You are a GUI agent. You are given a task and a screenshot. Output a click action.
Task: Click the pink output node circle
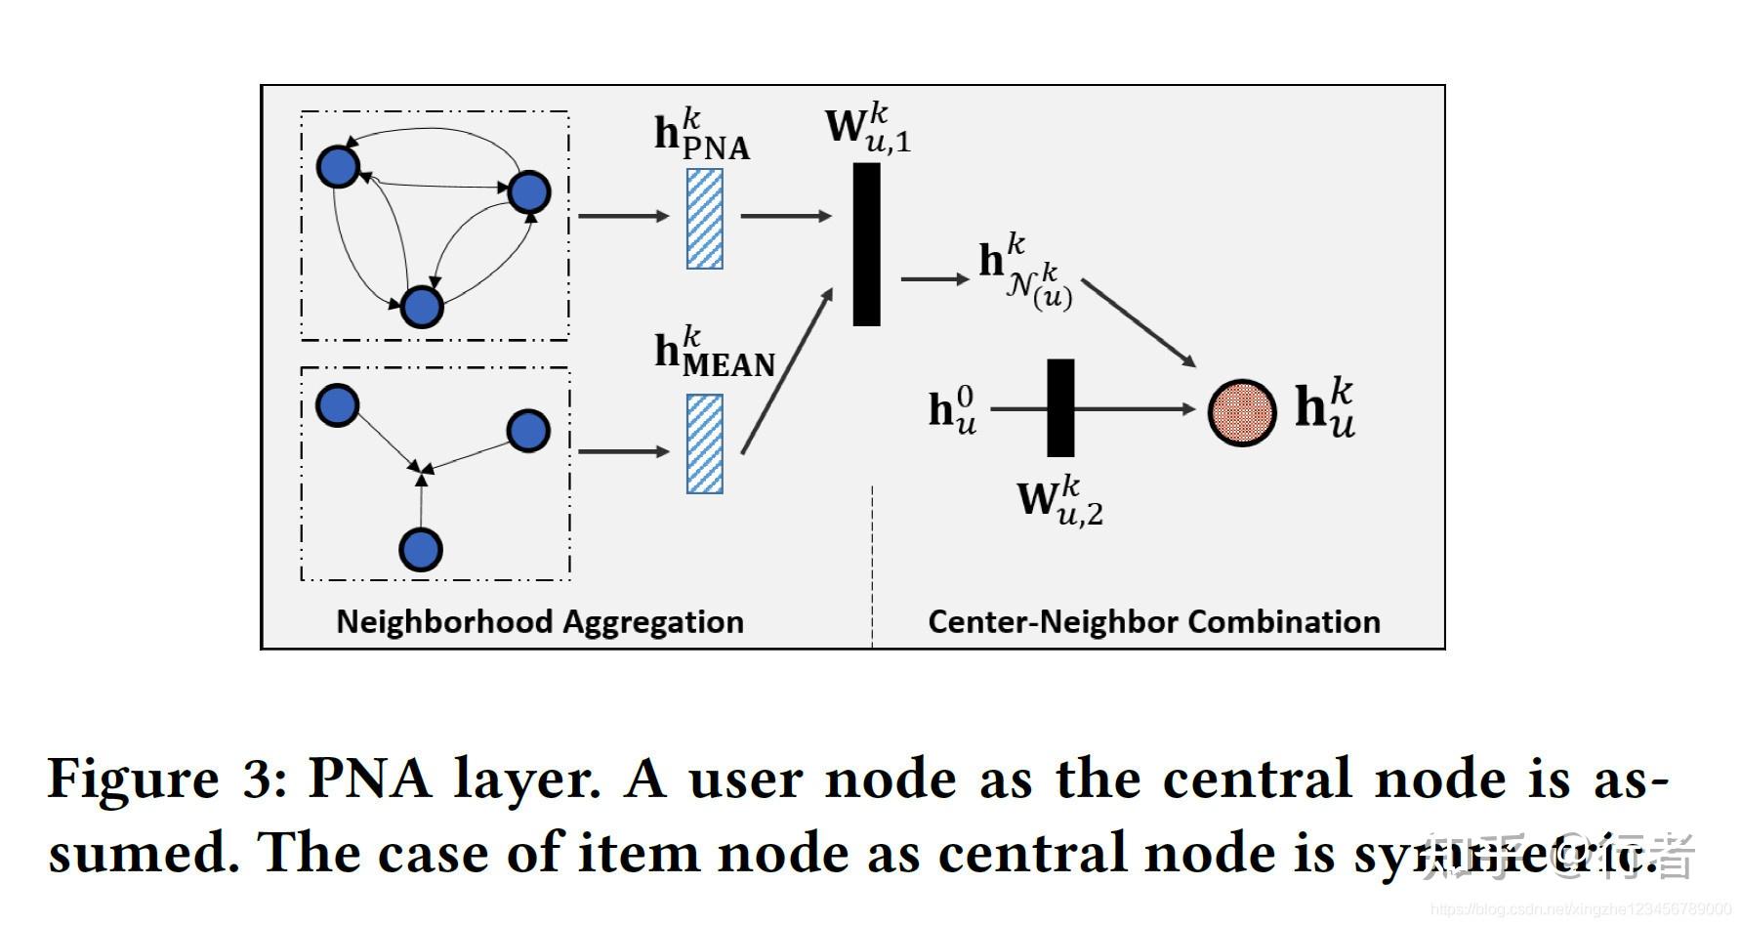pos(1241,412)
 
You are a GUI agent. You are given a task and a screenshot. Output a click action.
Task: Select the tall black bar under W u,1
pos(866,244)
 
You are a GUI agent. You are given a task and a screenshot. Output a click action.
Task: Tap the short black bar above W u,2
pos(1060,407)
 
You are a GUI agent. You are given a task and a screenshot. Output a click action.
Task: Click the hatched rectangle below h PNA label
pos(704,219)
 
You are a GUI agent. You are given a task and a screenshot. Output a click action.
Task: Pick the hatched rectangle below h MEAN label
pos(704,444)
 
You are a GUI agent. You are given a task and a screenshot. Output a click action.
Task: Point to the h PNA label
pos(701,136)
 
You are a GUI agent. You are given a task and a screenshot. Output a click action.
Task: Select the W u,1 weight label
pos(867,128)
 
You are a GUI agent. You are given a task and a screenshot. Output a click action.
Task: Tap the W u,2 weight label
pos(1059,501)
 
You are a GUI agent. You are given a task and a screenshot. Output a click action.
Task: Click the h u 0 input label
pos(952,409)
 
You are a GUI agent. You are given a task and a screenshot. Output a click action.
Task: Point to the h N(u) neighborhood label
pos(1025,274)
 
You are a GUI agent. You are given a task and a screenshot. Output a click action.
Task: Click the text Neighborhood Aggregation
pos(539,622)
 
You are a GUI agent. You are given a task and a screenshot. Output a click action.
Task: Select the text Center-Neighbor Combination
pos(1153,622)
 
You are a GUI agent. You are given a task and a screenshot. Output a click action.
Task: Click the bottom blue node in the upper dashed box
pos(422,307)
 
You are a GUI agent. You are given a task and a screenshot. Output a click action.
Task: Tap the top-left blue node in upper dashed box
pos(338,166)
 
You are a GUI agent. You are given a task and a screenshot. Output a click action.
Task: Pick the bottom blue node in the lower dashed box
pos(421,550)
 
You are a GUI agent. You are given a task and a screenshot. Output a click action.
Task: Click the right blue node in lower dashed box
pos(528,431)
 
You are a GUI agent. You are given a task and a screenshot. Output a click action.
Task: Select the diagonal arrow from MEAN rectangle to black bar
pos(786,371)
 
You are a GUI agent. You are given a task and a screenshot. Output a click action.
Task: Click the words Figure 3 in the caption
pos(166,780)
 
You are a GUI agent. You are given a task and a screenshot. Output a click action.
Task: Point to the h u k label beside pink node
pos(1324,408)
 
